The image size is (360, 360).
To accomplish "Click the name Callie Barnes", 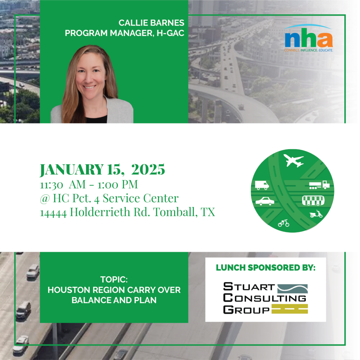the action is click(151, 23).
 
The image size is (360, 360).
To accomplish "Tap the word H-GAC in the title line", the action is click(171, 33).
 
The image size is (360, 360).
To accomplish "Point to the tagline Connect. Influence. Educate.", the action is click(308, 50).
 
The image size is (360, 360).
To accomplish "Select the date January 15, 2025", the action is click(102, 170).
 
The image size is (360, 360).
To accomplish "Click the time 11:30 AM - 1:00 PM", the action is click(89, 184).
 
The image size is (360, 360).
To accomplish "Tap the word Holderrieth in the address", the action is click(100, 212).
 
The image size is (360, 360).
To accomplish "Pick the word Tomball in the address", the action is click(175, 212).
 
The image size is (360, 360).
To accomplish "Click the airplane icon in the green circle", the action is click(294, 160).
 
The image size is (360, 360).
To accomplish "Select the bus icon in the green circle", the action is click(313, 200).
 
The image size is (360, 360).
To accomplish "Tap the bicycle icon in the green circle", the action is click(284, 223).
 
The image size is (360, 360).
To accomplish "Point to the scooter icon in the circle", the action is click(316, 214).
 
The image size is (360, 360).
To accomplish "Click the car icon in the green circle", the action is click(265, 201).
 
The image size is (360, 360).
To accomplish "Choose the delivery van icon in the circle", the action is click(262, 185).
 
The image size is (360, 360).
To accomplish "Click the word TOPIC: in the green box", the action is click(114, 279).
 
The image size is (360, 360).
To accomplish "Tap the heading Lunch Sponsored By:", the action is click(266, 268).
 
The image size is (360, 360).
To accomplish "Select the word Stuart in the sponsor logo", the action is click(249, 287).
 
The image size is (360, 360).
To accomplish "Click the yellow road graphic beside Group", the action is click(290, 309).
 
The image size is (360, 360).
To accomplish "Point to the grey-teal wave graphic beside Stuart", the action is click(292, 289).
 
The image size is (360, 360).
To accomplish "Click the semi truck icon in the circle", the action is click(319, 185).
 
